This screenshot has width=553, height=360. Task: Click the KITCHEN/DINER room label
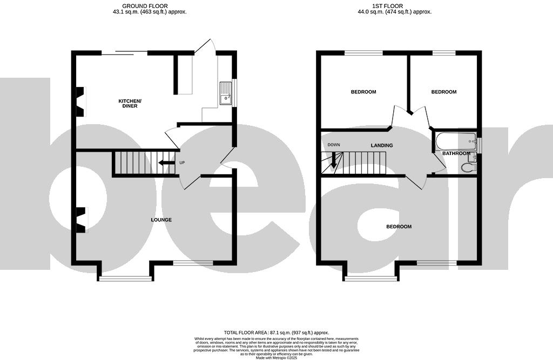[130, 104]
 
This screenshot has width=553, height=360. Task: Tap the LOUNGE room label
[161, 220]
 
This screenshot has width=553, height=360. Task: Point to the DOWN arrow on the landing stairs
[334, 159]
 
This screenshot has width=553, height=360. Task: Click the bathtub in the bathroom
[455, 141]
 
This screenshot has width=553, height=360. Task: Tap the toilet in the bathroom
[468, 167]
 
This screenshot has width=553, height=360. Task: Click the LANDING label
[381, 146]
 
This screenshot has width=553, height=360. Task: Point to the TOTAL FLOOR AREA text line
[276, 332]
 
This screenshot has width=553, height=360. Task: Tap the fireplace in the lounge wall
[81, 220]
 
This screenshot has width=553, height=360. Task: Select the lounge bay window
[125, 279]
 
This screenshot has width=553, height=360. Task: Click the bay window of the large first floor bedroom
[370, 279]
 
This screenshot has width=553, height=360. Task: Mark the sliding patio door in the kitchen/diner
[124, 52]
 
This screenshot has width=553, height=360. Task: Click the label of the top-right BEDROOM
[443, 92]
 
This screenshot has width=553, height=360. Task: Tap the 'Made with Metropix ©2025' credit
[276, 357]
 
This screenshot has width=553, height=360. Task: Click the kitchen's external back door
[205, 47]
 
